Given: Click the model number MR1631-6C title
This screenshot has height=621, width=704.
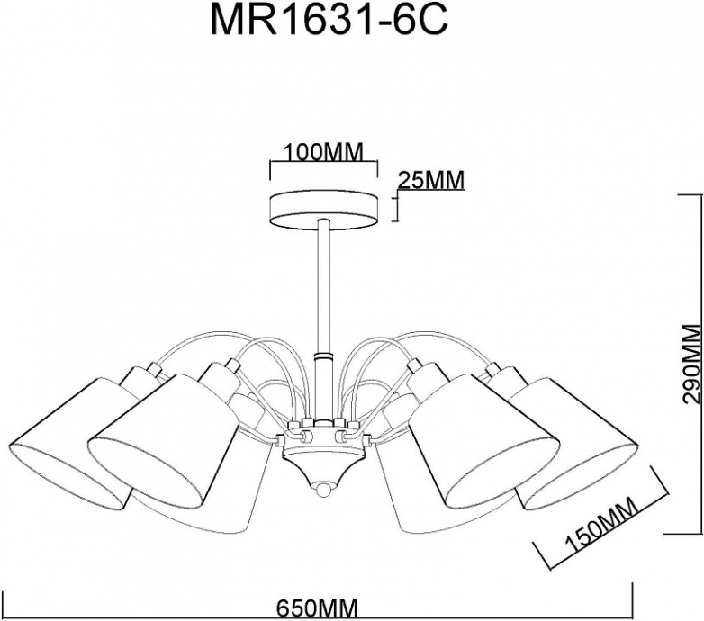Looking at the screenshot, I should pos(328,21).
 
